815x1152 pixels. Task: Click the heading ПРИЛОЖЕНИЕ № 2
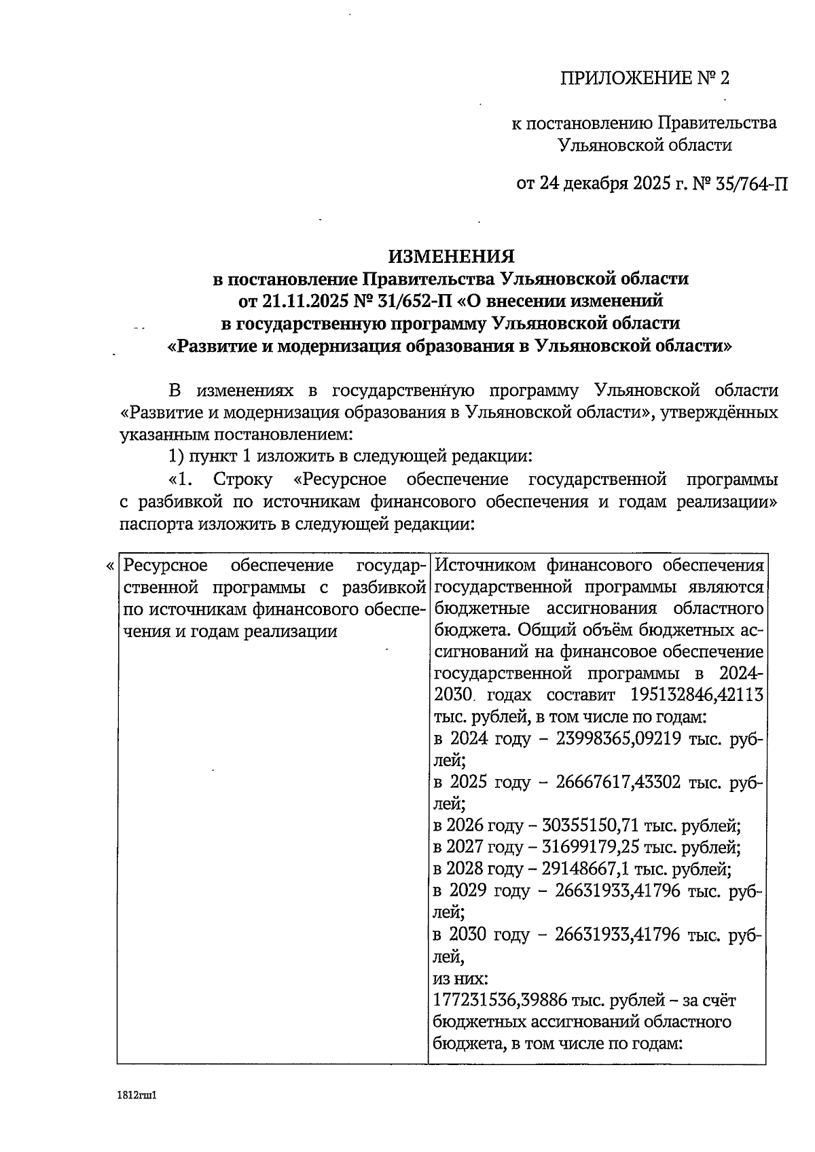point(645,79)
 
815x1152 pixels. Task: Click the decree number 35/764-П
point(752,183)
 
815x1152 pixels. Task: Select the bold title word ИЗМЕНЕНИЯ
point(451,256)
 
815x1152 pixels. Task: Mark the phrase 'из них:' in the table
point(460,979)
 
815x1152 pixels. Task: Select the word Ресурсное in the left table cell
point(162,566)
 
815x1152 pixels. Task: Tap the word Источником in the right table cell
point(484,566)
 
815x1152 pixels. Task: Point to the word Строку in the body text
point(242,480)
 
